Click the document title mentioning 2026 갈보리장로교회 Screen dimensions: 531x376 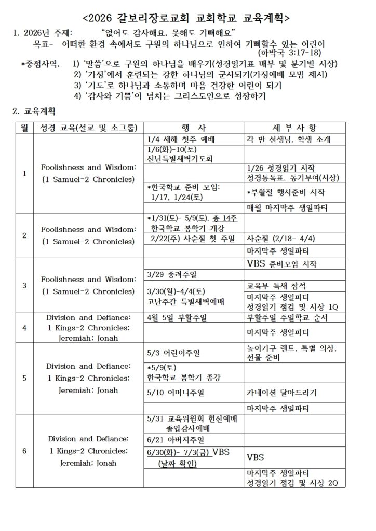click(187, 18)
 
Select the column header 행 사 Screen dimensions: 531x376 click(194, 128)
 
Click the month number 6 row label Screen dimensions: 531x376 click(24, 451)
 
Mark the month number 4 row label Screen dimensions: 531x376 click(24, 328)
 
